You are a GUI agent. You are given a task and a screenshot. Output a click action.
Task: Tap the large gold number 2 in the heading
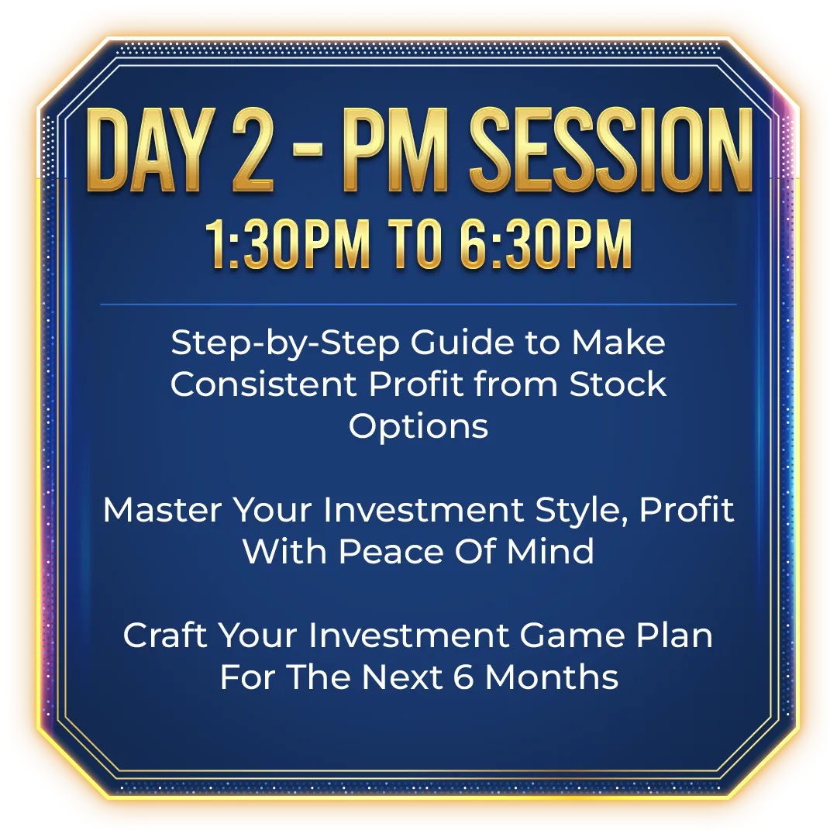(253, 150)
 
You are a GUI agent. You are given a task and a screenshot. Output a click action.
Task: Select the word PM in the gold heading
(396, 150)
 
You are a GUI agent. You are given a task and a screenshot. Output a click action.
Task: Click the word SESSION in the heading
(611, 150)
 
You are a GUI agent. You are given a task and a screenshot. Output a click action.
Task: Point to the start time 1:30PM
(288, 244)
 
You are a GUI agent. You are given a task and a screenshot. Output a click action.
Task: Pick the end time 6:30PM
(546, 244)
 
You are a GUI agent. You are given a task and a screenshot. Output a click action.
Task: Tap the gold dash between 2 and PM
(308, 152)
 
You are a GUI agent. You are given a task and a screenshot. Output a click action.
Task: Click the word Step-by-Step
(285, 343)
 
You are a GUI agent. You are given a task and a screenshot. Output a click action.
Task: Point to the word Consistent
(263, 384)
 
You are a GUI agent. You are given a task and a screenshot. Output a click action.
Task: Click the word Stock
(618, 384)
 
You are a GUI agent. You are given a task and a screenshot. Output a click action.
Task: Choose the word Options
(418, 427)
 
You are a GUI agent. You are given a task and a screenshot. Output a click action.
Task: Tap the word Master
(162, 510)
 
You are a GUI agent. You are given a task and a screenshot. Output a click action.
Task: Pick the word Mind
(550, 552)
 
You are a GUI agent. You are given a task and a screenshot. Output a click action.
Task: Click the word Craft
(164, 635)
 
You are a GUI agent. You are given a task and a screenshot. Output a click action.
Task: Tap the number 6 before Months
(463, 677)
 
